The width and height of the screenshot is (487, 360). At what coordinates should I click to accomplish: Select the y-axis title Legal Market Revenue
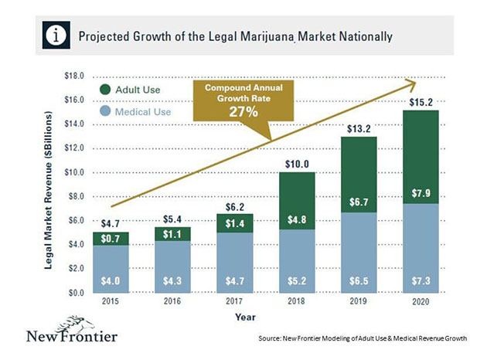(x=49, y=185)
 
